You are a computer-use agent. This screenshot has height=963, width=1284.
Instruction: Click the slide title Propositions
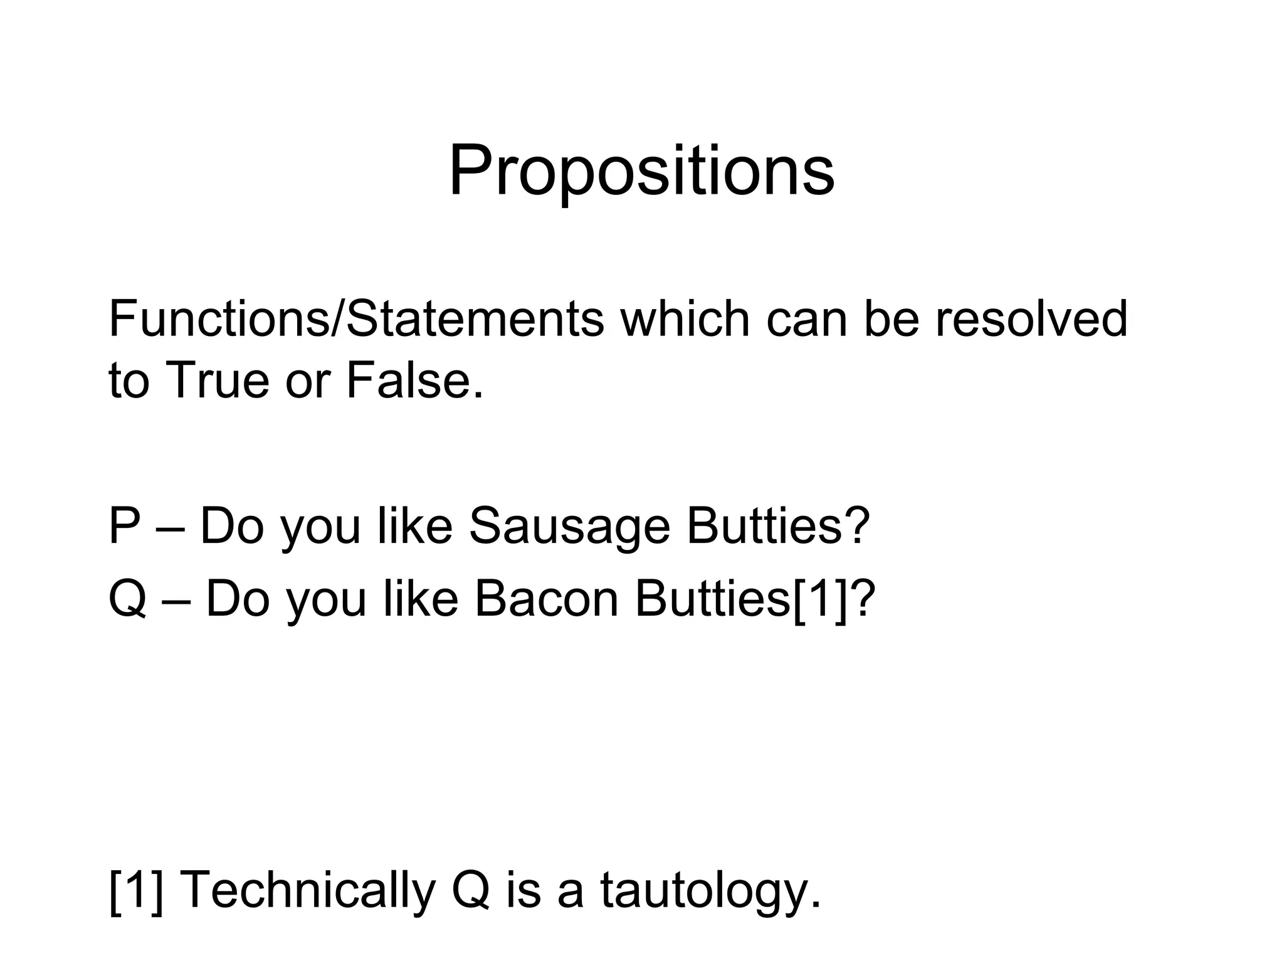pyautogui.click(x=641, y=171)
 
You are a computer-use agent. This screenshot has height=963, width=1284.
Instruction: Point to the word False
pyautogui.click(x=414, y=380)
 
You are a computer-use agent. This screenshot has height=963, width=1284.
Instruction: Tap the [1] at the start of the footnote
pyautogui.click(x=136, y=890)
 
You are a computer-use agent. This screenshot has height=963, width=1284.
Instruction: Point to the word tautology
pyautogui.click(x=710, y=890)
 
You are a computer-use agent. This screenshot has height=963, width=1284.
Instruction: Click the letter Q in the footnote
pyautogui.click(x=470, y=890)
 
